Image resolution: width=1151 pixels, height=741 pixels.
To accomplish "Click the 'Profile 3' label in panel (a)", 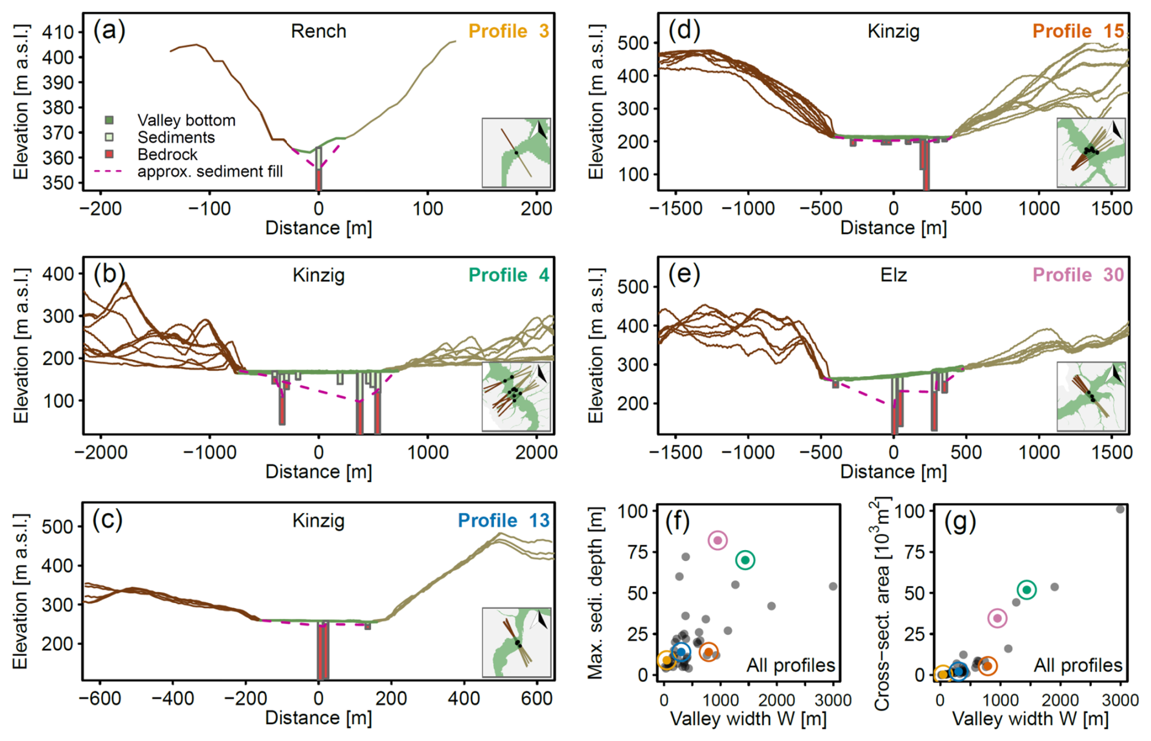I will [x=508, y=32].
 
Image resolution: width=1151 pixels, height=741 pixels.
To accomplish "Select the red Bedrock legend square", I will [x=110, y=154].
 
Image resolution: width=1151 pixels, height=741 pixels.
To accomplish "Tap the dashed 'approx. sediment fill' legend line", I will [x=108, y=171].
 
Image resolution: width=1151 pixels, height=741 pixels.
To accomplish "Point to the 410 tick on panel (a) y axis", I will [x=57, y=32].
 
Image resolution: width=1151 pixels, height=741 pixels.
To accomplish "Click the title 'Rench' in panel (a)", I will [x=318, y=32].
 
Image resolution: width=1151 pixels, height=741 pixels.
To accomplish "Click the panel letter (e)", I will [x=684, y=275].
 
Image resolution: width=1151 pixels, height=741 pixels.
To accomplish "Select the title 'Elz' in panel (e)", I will [x=893, y=275].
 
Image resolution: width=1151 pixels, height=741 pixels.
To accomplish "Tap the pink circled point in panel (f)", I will [x=718, y=540].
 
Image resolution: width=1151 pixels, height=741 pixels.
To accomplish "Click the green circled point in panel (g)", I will [x=1027, y=590].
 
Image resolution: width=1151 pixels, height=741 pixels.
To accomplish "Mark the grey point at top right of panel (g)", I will [x=1120, y=509].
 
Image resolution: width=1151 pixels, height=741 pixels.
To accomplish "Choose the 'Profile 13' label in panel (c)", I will [x=503, y=521].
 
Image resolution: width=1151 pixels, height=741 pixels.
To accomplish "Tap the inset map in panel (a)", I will [x=516, y=153].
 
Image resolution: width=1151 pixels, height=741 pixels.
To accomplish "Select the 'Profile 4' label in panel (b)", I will [x=508, y=275].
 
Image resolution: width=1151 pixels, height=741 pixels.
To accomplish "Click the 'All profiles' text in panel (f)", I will [x=790, y=666].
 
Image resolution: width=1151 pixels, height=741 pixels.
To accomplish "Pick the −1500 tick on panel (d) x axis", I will [x=676, y=209].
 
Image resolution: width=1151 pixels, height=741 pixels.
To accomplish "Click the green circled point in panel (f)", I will [x=745, y=560].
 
